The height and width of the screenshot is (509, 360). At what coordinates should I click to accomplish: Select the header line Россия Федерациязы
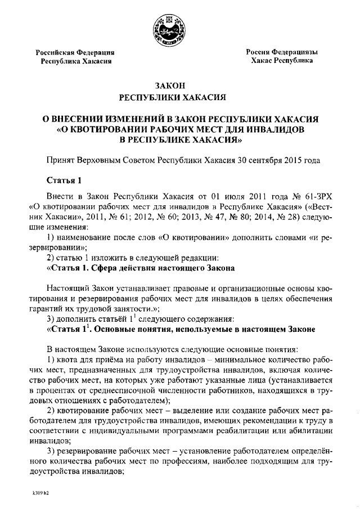tap(282, 52)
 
